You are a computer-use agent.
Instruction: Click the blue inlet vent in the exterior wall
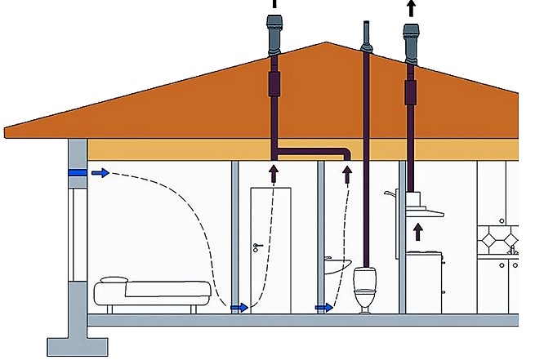[77, 173]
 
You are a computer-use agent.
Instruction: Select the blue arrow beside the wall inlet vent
[100, 173]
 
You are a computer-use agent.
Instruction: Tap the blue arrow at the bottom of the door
[239, 308]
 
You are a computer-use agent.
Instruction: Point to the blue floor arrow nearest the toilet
[323, 308]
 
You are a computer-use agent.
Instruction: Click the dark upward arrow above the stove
[419, 231]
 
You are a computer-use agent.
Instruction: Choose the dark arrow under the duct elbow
[348, 173]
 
